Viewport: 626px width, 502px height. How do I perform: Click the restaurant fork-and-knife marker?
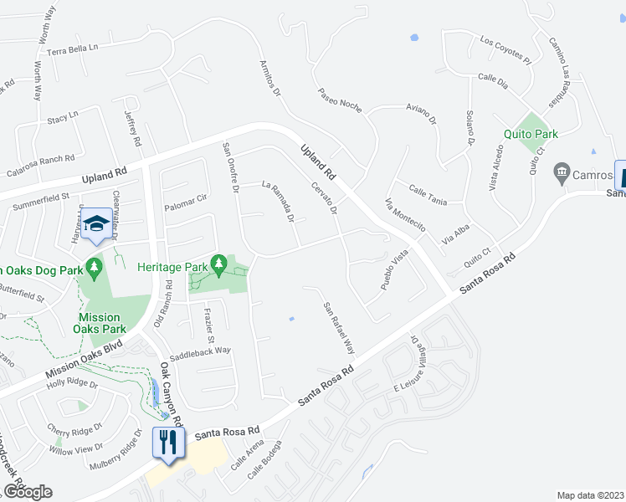coord(168,443)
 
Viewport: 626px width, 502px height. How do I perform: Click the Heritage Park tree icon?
coord(218,266)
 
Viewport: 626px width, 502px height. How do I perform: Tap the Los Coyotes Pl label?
coord(505,50)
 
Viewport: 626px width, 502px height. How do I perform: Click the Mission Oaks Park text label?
coord(99,323)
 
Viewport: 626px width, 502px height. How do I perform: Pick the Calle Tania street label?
coord(427,195)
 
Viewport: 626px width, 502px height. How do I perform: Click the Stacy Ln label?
coord(62,115)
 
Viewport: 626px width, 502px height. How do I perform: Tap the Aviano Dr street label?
coord(422,114)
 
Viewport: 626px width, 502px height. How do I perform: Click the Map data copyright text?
coord(589,494)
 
